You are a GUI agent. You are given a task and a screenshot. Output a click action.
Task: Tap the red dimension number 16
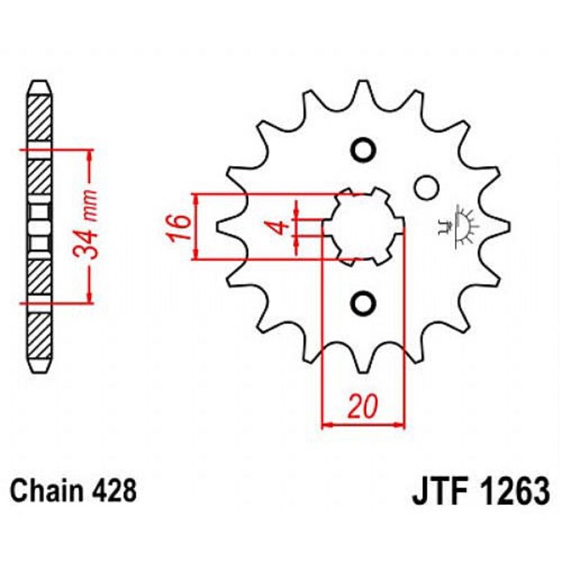tap(177, 227)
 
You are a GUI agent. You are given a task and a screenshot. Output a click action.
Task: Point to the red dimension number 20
tap(363, 406)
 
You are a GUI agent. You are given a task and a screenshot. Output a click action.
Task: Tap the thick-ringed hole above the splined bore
tap(363, 150)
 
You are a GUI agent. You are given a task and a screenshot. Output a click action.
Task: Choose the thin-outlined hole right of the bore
tap(427, 187)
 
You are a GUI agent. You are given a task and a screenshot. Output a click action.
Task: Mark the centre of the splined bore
tap(363, 227)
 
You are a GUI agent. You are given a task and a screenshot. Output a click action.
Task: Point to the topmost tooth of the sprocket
tap(363, 90)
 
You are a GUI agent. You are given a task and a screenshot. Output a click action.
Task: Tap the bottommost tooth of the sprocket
tap(363, 364)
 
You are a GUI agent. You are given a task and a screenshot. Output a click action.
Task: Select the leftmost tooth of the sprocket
tap(226, 227)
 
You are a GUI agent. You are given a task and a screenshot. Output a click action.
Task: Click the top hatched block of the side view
tap(39, 118)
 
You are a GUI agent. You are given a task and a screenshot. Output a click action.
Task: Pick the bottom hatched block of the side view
tap(39, 336)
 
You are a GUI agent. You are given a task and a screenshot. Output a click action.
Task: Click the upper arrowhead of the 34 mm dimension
tap(89, 155)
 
